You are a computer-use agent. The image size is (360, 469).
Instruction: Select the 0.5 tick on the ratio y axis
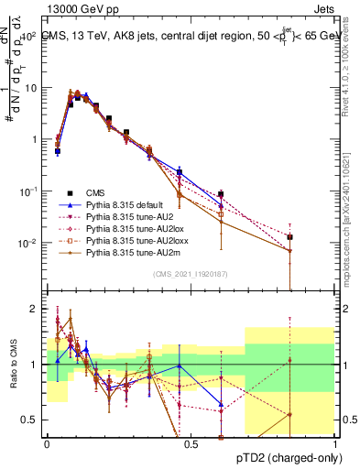(x=32, y=420)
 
